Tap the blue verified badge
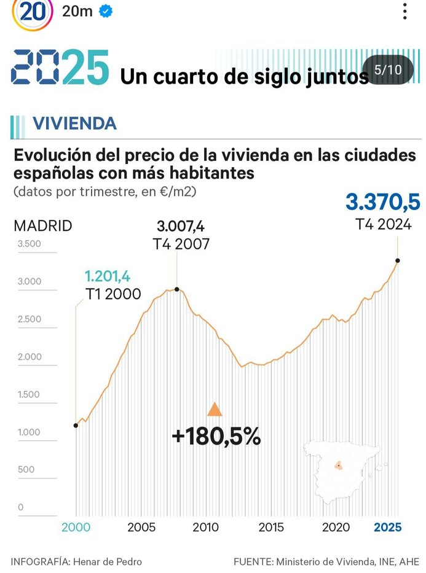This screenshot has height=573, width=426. [x=106, y=11]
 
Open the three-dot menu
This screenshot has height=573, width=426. [x=404, y=11]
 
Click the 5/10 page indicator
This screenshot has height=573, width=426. [x=387, y=70]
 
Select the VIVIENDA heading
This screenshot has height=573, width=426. [x=74, y=123]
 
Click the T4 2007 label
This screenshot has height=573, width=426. [x=181, y=244]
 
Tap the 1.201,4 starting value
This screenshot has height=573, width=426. [x=108, y=276]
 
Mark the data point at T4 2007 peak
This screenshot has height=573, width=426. [x=177, y=289]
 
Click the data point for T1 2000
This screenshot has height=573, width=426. [x=76, y=425]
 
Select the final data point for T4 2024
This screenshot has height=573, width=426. [x=398, y=260]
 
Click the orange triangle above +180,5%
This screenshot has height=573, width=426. [x=215, y=410]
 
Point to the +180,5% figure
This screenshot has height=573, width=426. [x=216, y=436]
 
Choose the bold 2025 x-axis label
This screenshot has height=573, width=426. [x=388, y=527]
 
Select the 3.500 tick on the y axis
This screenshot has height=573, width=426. [x=29, y=244]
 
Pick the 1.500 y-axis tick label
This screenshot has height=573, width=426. [x=29, y=394]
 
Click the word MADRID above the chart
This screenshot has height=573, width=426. [x=43, y=225]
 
